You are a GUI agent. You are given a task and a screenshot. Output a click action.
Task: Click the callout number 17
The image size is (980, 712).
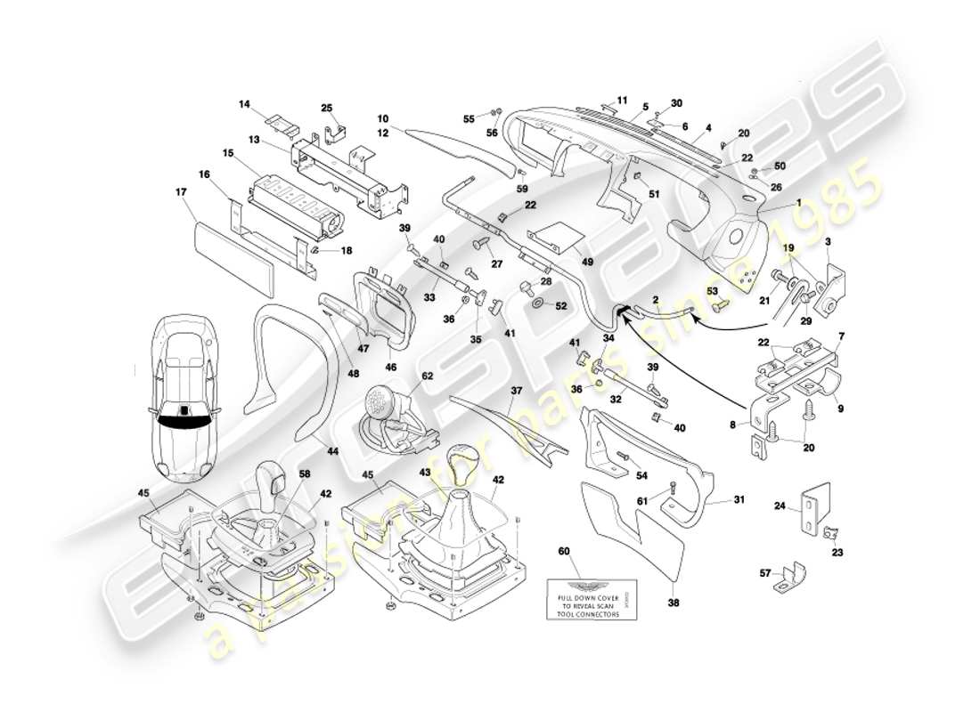point(181,191)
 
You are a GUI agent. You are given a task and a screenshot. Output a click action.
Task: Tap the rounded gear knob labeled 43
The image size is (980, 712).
point(464,462)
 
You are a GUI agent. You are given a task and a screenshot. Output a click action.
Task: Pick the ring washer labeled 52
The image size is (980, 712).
point(540,306)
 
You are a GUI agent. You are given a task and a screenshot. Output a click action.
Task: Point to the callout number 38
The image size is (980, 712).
point(673,602)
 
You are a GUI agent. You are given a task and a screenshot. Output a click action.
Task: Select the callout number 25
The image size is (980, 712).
point(326,109)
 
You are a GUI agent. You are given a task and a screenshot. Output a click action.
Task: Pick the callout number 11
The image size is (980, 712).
point(622,100)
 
